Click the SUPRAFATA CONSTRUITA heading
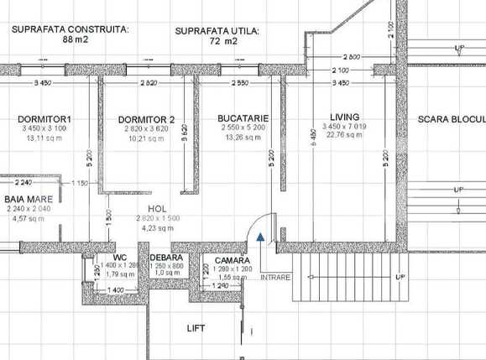[71, 28]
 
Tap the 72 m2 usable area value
[217, 39]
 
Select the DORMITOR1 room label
[44, 119]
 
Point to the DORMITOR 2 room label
[146, 119]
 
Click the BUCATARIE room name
[242, 118]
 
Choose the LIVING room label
[344, 117]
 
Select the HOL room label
[157, 207]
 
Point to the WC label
[121, 258]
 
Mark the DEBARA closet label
[167, 258]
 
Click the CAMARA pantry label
[233, 261]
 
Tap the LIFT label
[195, 328]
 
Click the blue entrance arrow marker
[262, 238]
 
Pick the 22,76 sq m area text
[345, 136]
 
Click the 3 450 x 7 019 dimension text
[345, 127]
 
